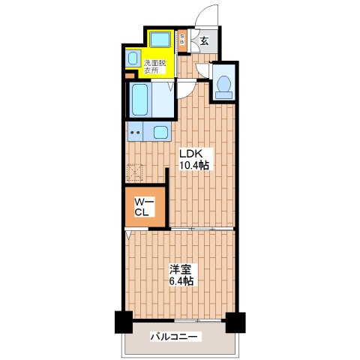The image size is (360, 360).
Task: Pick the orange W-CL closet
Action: tap(145, 207)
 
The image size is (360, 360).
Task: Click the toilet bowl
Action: tap(223, 85)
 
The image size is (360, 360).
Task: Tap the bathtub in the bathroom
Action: tap(142, 99)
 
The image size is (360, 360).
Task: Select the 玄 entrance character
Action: tap(204, 42)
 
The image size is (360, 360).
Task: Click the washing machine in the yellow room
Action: tap(159, 40)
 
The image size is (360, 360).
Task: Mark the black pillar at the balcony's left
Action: tap(121, 322)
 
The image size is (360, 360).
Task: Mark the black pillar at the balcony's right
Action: tap(235, 322)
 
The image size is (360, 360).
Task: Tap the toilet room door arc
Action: tap(202, 73)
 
